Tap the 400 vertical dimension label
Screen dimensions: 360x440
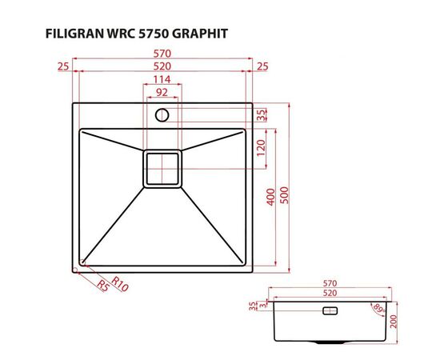(x=271, y=196)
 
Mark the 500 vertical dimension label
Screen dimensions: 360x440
(x=284, y=196)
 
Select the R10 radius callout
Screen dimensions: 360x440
(x=120, y=282)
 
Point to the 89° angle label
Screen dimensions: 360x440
(x=377, y=307)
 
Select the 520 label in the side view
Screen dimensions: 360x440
(x=329, y=294)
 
